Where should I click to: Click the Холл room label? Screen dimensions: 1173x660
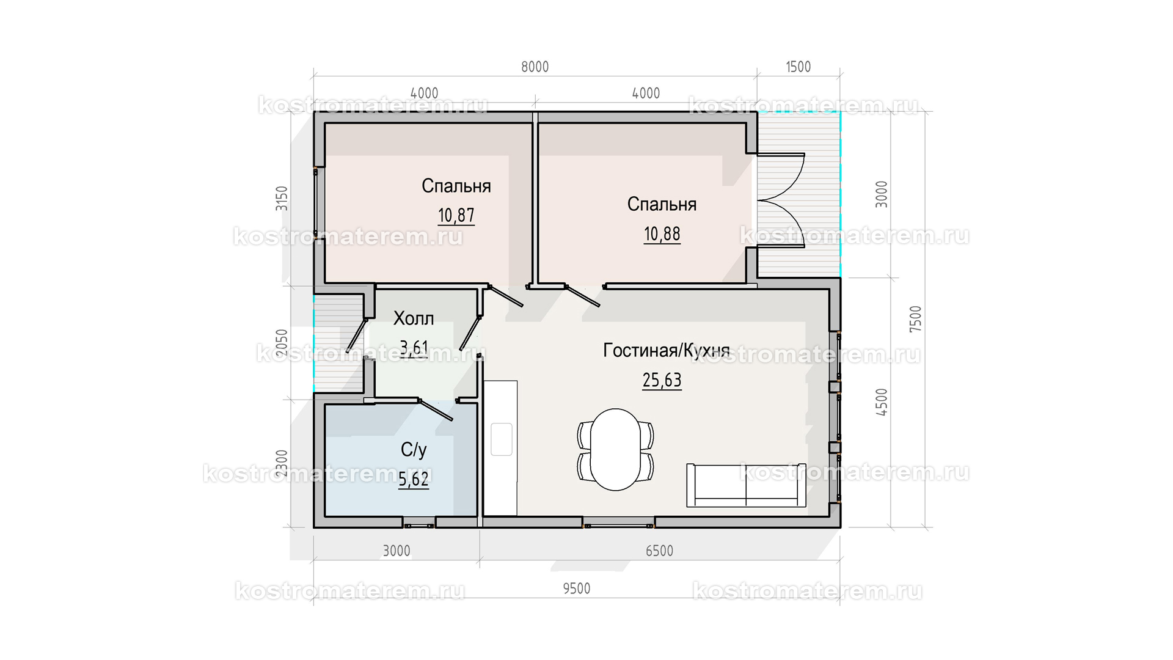414,318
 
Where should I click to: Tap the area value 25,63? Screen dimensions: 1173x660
662,381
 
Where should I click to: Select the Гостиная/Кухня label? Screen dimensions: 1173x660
667,350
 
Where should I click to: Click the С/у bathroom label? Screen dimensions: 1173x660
414,450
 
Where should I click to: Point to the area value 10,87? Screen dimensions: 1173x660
456,216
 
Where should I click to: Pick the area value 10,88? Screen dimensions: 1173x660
662,234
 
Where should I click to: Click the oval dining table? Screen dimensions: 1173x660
616,449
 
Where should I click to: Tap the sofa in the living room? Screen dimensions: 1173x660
746,485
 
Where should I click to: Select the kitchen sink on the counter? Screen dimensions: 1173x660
502,439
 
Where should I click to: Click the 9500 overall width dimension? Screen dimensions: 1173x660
576,588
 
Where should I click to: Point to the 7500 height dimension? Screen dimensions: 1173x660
915,319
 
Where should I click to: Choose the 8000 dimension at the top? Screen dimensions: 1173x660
535,67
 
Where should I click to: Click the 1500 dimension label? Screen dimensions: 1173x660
798,67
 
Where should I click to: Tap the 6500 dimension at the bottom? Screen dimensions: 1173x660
659,551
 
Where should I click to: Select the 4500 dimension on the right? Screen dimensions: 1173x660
881,402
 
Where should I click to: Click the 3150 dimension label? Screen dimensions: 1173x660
282,199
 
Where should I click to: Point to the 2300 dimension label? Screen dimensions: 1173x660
282,463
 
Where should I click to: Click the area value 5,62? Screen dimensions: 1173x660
414,480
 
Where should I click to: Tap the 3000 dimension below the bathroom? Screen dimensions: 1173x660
396,551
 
